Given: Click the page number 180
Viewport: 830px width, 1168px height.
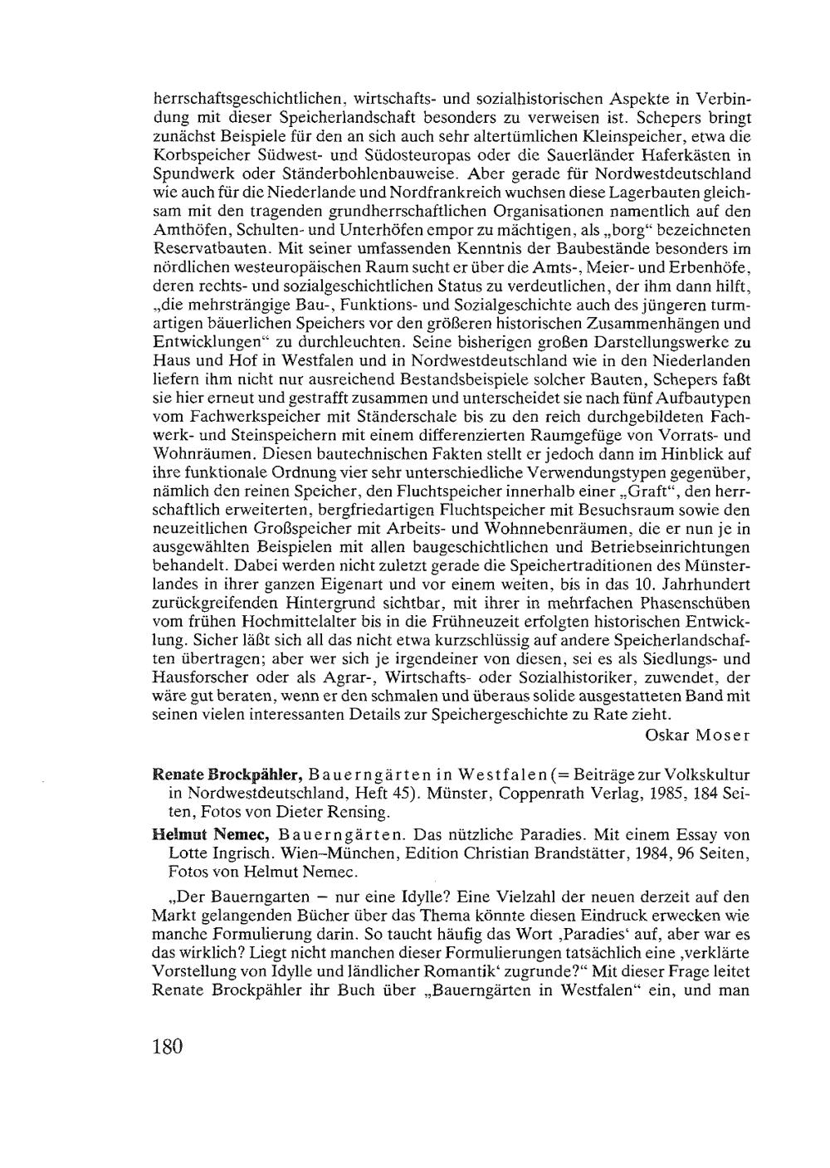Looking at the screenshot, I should [167, 1045].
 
